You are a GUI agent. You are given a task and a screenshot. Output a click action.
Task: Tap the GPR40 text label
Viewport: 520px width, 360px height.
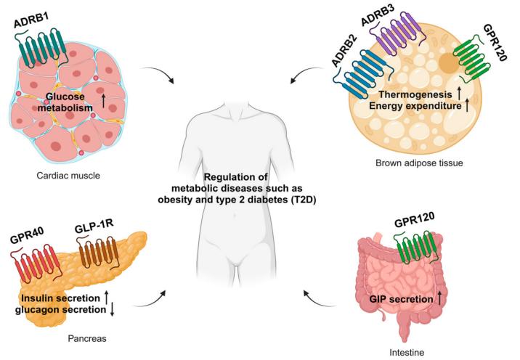tap(29, 238)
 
